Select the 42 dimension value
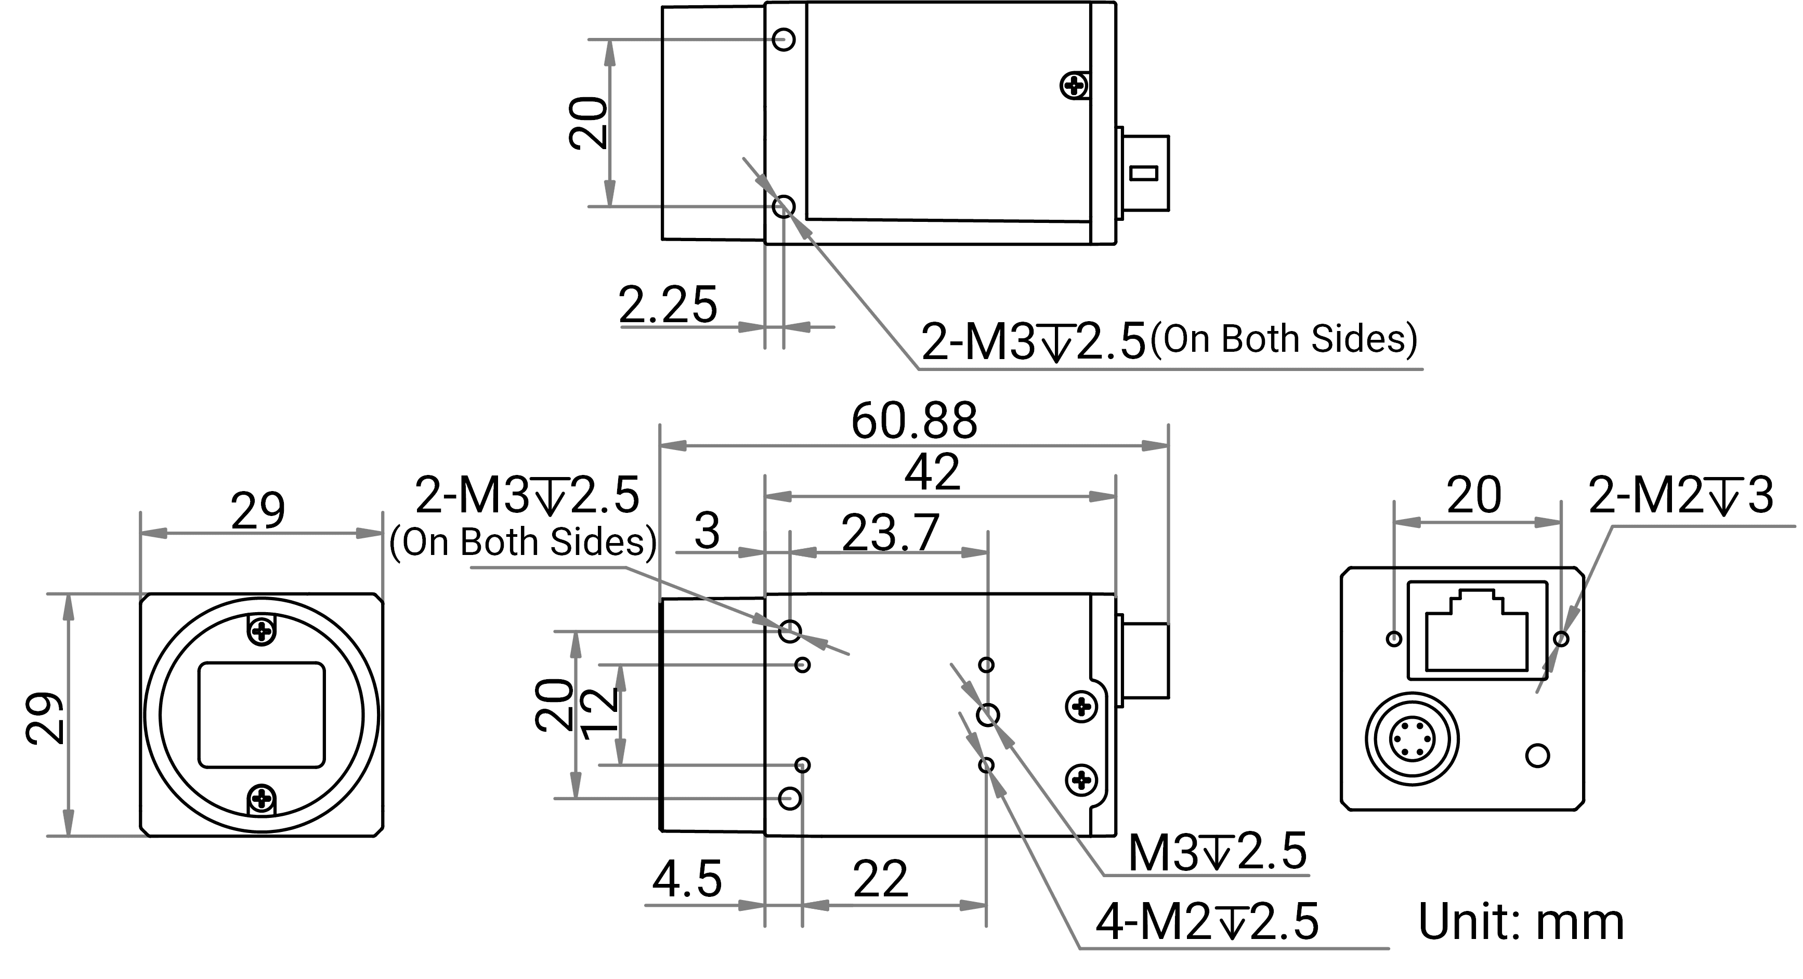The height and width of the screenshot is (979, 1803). [x=932, y=472]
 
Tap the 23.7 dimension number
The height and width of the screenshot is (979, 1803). [x=890, y=533]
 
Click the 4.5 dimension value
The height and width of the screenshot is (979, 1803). [x=687, y=880]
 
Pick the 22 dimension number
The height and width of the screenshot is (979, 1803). [x=881, y=880]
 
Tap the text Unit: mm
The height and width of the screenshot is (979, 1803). [x=1520, y=922]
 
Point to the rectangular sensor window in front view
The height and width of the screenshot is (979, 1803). [x=262, y=715]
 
